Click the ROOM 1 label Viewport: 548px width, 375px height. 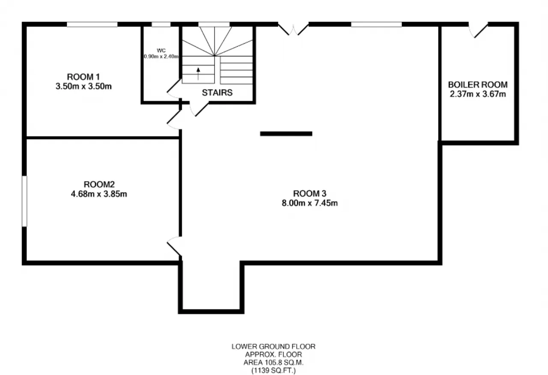pos(83,77)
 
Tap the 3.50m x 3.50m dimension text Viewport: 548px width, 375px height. pos(83,86)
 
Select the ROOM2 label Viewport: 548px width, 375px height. pos(99,184)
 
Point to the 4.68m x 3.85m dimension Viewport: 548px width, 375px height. pos(99,194)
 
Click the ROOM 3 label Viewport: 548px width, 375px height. pos(310,193)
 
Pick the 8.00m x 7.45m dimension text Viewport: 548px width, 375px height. pos(310,203)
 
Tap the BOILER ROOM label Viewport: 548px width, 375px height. pos(478,85)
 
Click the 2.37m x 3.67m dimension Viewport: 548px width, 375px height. pos(478,94)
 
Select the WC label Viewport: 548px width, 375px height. pos(161,51)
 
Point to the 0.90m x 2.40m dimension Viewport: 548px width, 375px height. pos(161,57)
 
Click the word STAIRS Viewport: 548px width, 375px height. pos(217,92)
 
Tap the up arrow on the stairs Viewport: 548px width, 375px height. pos(198,74)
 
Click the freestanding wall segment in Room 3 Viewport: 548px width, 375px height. pos(286,134)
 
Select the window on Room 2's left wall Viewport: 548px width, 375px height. pos(24,201)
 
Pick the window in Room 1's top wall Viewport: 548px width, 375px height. pos(92,24)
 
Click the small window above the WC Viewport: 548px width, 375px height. pos(161,24)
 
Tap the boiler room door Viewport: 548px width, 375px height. pos(478,30)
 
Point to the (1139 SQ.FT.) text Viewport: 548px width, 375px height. pos(274,371)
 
